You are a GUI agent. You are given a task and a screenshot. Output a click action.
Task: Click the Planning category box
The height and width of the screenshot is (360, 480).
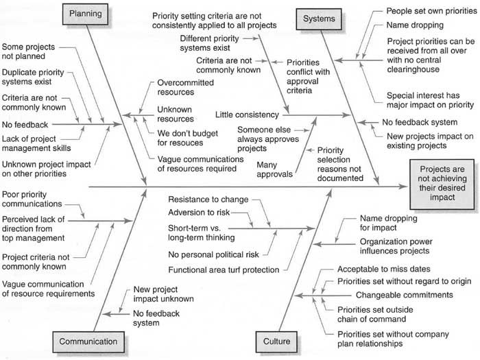86,14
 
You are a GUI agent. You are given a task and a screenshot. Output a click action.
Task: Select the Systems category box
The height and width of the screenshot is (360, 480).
319,19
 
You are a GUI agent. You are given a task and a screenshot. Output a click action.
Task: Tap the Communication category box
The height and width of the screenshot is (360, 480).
88,341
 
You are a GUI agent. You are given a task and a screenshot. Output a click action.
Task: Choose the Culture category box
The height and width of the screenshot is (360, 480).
276,341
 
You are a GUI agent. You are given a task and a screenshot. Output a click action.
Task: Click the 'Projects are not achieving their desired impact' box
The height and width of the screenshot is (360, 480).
442,184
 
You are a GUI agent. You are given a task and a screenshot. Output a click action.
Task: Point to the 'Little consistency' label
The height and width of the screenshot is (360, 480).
247,115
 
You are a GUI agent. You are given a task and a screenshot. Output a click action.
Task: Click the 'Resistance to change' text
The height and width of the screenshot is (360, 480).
208,200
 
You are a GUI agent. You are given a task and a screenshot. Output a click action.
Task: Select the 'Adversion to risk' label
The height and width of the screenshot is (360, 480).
199,213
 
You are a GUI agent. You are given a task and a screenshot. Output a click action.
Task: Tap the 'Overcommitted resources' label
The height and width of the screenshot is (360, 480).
186,88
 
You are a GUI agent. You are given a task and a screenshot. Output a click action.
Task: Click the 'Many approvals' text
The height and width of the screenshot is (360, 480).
274,169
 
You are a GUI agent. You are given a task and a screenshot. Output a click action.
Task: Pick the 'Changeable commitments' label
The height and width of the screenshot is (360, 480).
404,295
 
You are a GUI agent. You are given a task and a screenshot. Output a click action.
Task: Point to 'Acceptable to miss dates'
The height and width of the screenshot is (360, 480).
384,269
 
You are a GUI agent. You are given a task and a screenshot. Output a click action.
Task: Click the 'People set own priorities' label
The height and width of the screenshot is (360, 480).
431,11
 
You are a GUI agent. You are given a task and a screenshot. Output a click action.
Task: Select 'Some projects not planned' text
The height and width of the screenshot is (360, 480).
28,51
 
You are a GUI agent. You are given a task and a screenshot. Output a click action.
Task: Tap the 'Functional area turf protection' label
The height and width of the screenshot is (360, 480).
224,270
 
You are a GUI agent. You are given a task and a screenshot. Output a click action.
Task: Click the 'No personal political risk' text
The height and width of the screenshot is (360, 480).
213,254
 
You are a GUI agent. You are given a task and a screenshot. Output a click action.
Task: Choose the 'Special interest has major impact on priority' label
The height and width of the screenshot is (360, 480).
430,100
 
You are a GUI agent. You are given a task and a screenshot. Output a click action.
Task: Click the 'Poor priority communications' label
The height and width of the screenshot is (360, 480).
32,200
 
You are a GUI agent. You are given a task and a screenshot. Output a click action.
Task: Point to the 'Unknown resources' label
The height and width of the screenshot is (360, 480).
176,115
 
